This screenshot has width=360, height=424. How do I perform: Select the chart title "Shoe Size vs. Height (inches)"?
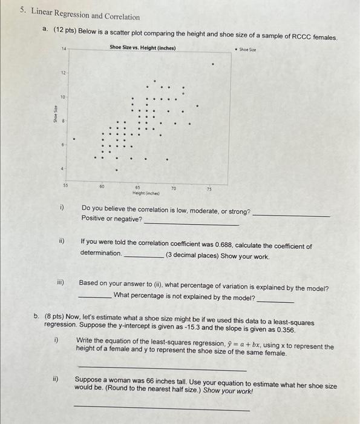pyautogui.click(x=143, y=47)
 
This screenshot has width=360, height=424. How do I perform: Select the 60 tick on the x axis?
pyautogui.click(x=102, y=187)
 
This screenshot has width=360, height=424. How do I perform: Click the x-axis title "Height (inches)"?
pyautogui.click(x=139, y=193)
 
